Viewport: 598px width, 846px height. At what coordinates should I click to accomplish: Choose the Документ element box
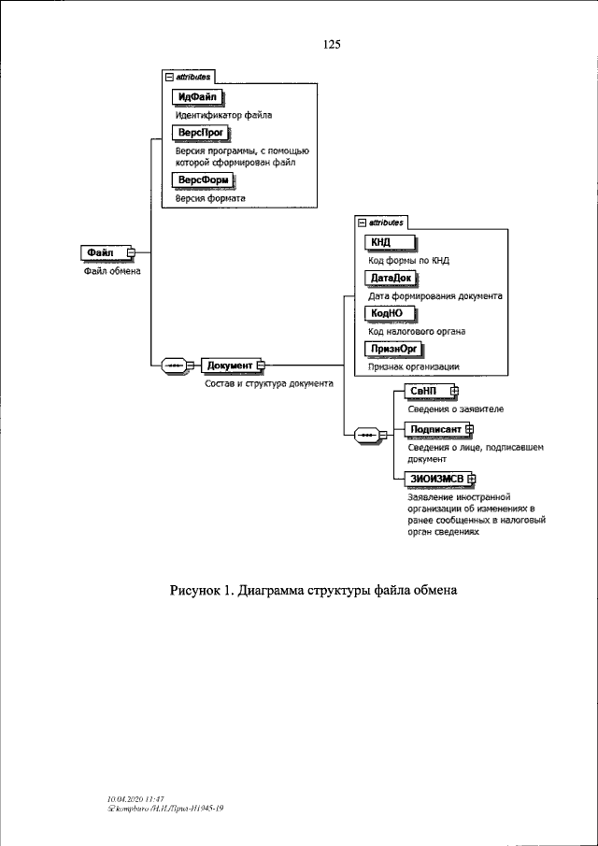(x=230, y=365)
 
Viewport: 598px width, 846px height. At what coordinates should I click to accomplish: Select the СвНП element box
(x=424, y=391)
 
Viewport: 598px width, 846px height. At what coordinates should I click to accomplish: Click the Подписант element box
(x=435, y=429)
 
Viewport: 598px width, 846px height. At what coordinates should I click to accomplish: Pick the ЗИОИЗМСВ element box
(x=436, y=479)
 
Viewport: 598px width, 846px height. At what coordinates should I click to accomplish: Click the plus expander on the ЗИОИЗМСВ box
(x=472, y=479)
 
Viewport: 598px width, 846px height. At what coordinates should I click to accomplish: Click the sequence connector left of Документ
(x=176, y=365)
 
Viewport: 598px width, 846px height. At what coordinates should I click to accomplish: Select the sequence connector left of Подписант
(x=368, y=436)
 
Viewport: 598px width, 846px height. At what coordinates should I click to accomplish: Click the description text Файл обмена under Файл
(x=108, y=272)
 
